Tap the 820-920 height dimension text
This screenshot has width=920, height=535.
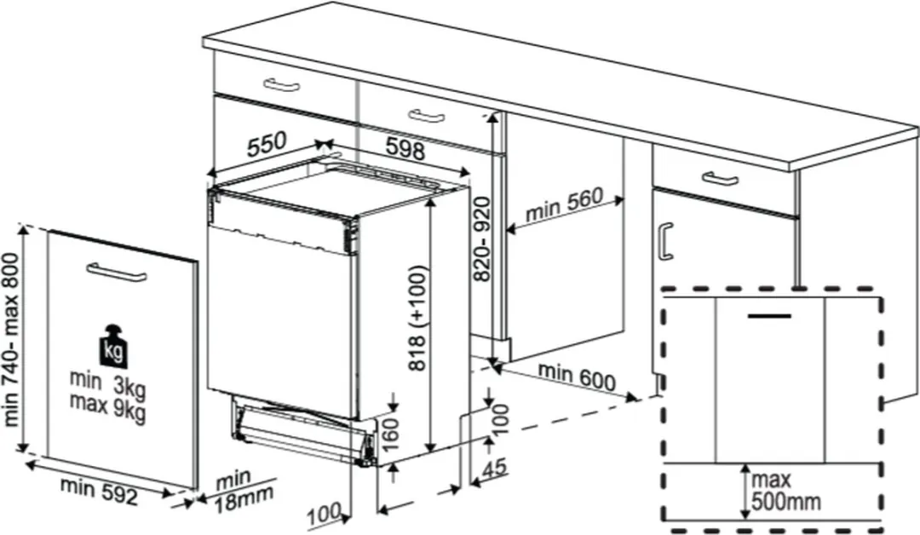(481, 239)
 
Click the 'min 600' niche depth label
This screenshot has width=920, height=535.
(577, 377)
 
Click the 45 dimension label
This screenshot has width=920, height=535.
(495, 469)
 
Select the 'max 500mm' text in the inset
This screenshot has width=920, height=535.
(785, 491)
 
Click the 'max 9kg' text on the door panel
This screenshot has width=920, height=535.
(107, 408)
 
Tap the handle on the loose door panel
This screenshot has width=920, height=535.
(116, 273)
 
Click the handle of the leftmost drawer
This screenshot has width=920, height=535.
(282, 85)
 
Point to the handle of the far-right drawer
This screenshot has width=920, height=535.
(720, 178)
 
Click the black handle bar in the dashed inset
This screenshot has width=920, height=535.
(769, 316)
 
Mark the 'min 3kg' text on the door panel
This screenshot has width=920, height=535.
(107, 383)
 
